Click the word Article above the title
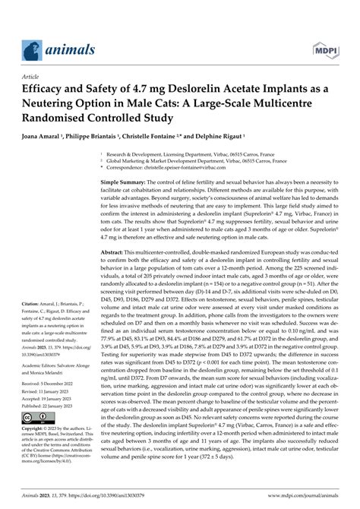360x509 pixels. [32, 76]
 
